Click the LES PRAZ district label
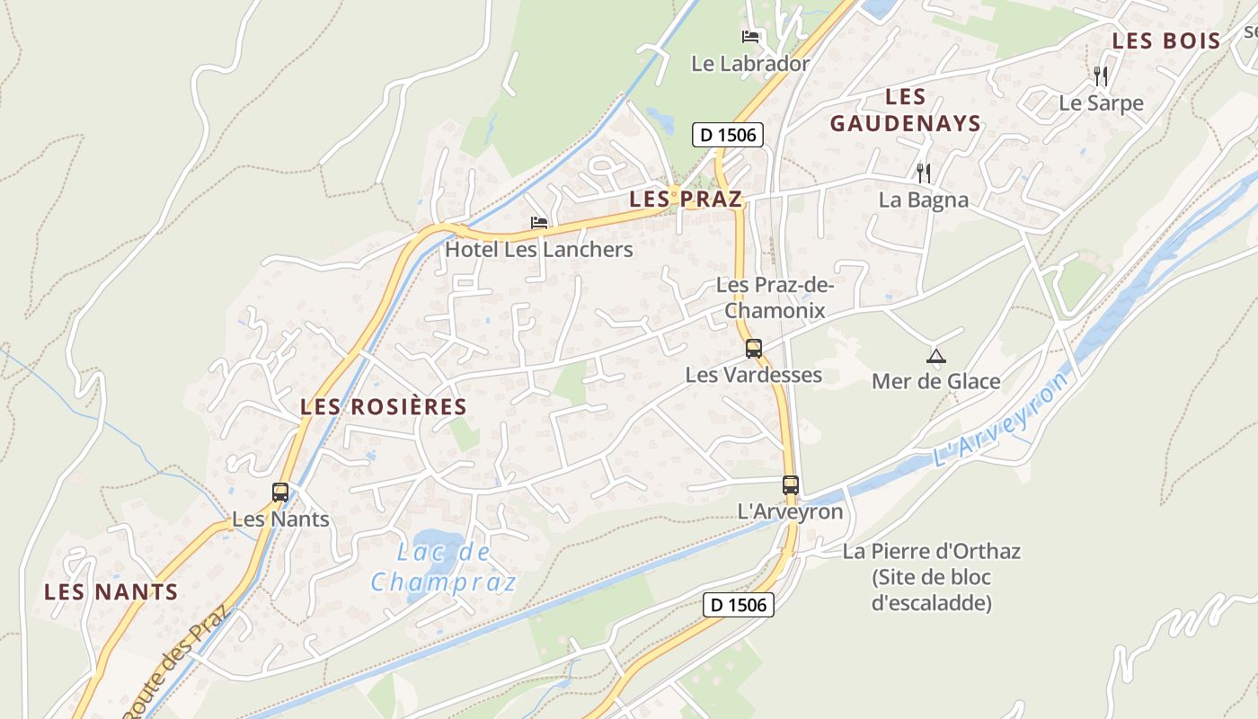pyautogui.click(x=686, y=200)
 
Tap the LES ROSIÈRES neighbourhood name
pyautogui.click(x=384, y=407)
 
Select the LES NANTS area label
pyautogui.click(x=111, y=592)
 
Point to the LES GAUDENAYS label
pyautogui.click(x=905, y=111)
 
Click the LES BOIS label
pyautogui.click(x=1166, y=41)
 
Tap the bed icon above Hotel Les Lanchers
pyautogui.click(x=539, y=223)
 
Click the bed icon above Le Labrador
pyautogui.click(x=750, y=37)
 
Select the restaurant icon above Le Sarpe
pyautogui.click(x=1101, y=76)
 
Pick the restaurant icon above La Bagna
pyautogui.click(x=923, y=173)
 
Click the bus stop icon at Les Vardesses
pyautogui.click(x=754, y=349)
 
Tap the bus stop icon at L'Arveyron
pyautogui.click(x=791, y=485)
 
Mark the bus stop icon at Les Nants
pyautogui.click(x=280, y=493)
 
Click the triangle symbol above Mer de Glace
pyautogui.click(x=936, y=356)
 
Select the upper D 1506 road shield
pyautogui.click(x=728, y=136)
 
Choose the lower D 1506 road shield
pyautogui.click(x=738, y=605)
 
